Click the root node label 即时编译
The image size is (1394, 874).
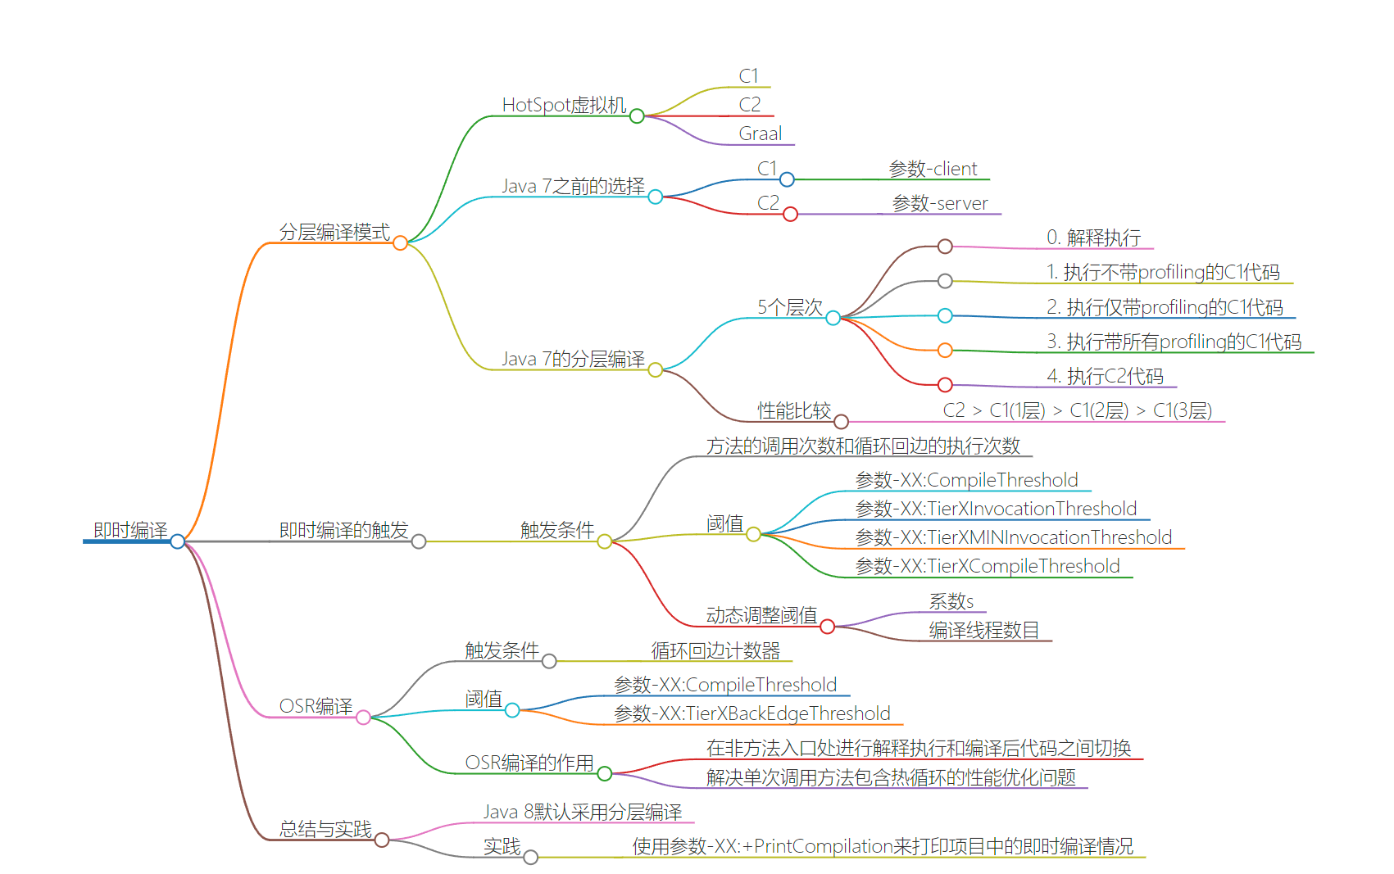pos(130,531)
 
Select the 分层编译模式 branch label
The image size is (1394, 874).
pos(334,233)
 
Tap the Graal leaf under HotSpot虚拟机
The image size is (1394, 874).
pos(760,134)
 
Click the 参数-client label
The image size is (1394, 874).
pos(933,170)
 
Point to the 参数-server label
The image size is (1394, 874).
pos(939,204)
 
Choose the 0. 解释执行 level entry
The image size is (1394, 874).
pos(1093,238)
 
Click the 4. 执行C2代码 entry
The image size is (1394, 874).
pos(1105,377)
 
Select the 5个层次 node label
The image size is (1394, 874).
pos(789,308)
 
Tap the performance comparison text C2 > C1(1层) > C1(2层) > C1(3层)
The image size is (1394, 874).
pos(1077,411)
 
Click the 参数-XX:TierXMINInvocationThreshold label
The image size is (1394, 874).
pos(1013,538)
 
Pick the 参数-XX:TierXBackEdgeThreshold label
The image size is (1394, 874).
pos(751,714)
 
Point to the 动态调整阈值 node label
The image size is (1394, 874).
pos(761,616)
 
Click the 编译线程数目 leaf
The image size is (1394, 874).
pos(983,631)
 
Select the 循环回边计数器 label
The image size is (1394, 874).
pos(715,651)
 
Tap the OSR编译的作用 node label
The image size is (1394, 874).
pos(529,763)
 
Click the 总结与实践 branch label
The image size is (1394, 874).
pos(325,830)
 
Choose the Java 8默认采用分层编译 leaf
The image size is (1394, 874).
pos(582,813)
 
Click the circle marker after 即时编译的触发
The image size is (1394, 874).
pos(419,541)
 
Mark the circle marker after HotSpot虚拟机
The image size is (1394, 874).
pos(637,116)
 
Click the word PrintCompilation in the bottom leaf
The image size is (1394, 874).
pos(823,847)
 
